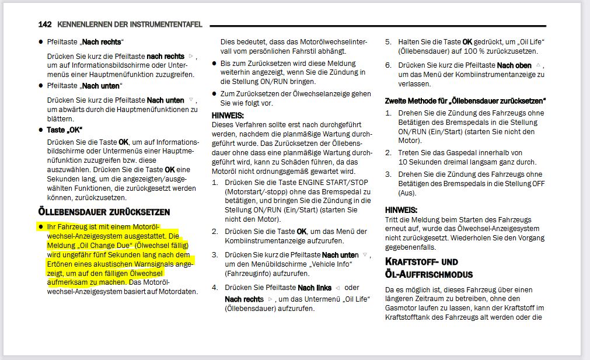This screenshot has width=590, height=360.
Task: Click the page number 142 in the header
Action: click(45, 25)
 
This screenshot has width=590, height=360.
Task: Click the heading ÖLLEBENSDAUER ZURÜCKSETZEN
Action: click(104, 211)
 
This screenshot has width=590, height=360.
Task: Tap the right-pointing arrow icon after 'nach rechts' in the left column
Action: click(191, 56)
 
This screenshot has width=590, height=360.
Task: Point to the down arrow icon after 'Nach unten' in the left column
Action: click(191, 100)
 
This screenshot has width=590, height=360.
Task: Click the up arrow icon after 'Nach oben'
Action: click(538, 65)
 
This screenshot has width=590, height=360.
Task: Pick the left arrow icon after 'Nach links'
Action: click(338, 288)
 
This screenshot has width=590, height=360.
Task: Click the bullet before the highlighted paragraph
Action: click(41, 226)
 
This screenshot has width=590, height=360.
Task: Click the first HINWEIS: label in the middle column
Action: click(228, 116)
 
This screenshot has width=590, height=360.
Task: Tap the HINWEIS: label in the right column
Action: click(401, 209)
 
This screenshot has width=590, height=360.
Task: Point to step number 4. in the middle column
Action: click(215, 288)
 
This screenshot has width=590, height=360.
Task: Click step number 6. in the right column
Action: click(388, 65)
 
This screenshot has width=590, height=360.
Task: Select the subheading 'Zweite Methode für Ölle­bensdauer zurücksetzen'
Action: click(465, 100)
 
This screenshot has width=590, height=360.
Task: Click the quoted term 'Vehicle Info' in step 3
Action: click(339, 264)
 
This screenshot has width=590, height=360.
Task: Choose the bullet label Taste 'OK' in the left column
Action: click(65, 130)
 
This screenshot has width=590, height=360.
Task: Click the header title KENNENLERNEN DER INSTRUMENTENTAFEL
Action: click(130, 25)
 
